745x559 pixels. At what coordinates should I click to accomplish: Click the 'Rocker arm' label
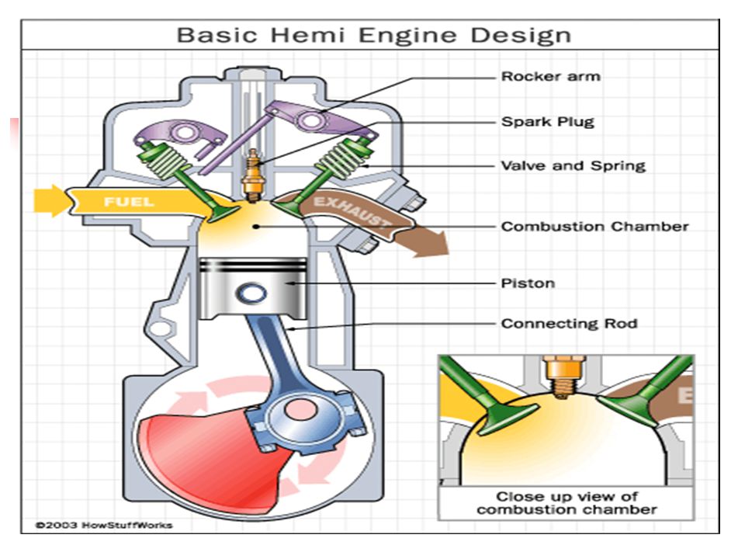[x=551, y=77]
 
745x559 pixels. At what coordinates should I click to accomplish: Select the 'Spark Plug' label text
[x=548, y=122]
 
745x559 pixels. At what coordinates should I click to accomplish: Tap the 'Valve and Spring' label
[x=573, y=166]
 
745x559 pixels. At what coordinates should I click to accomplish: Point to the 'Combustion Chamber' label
[x=595, y=226]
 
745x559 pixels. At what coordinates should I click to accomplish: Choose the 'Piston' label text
[x=528, y=283]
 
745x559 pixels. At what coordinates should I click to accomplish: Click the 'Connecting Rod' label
[x=569, y=324]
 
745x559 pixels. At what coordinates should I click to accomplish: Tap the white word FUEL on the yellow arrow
[x=129, y=202]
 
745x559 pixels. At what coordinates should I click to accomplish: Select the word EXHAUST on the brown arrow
[x=352, y=210]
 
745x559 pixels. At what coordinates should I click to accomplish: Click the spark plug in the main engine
[x=252, y=175]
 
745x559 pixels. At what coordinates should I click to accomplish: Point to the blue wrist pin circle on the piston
[x=251, y=293]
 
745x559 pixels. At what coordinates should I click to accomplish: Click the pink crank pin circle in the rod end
[x=300, y=410]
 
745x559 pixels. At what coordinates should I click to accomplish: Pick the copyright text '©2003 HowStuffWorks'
[x=104, y=526]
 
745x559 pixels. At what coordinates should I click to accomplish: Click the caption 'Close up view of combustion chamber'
[x=567, y=503]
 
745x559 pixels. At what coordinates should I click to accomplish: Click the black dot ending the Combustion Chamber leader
[x=256, y=227]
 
